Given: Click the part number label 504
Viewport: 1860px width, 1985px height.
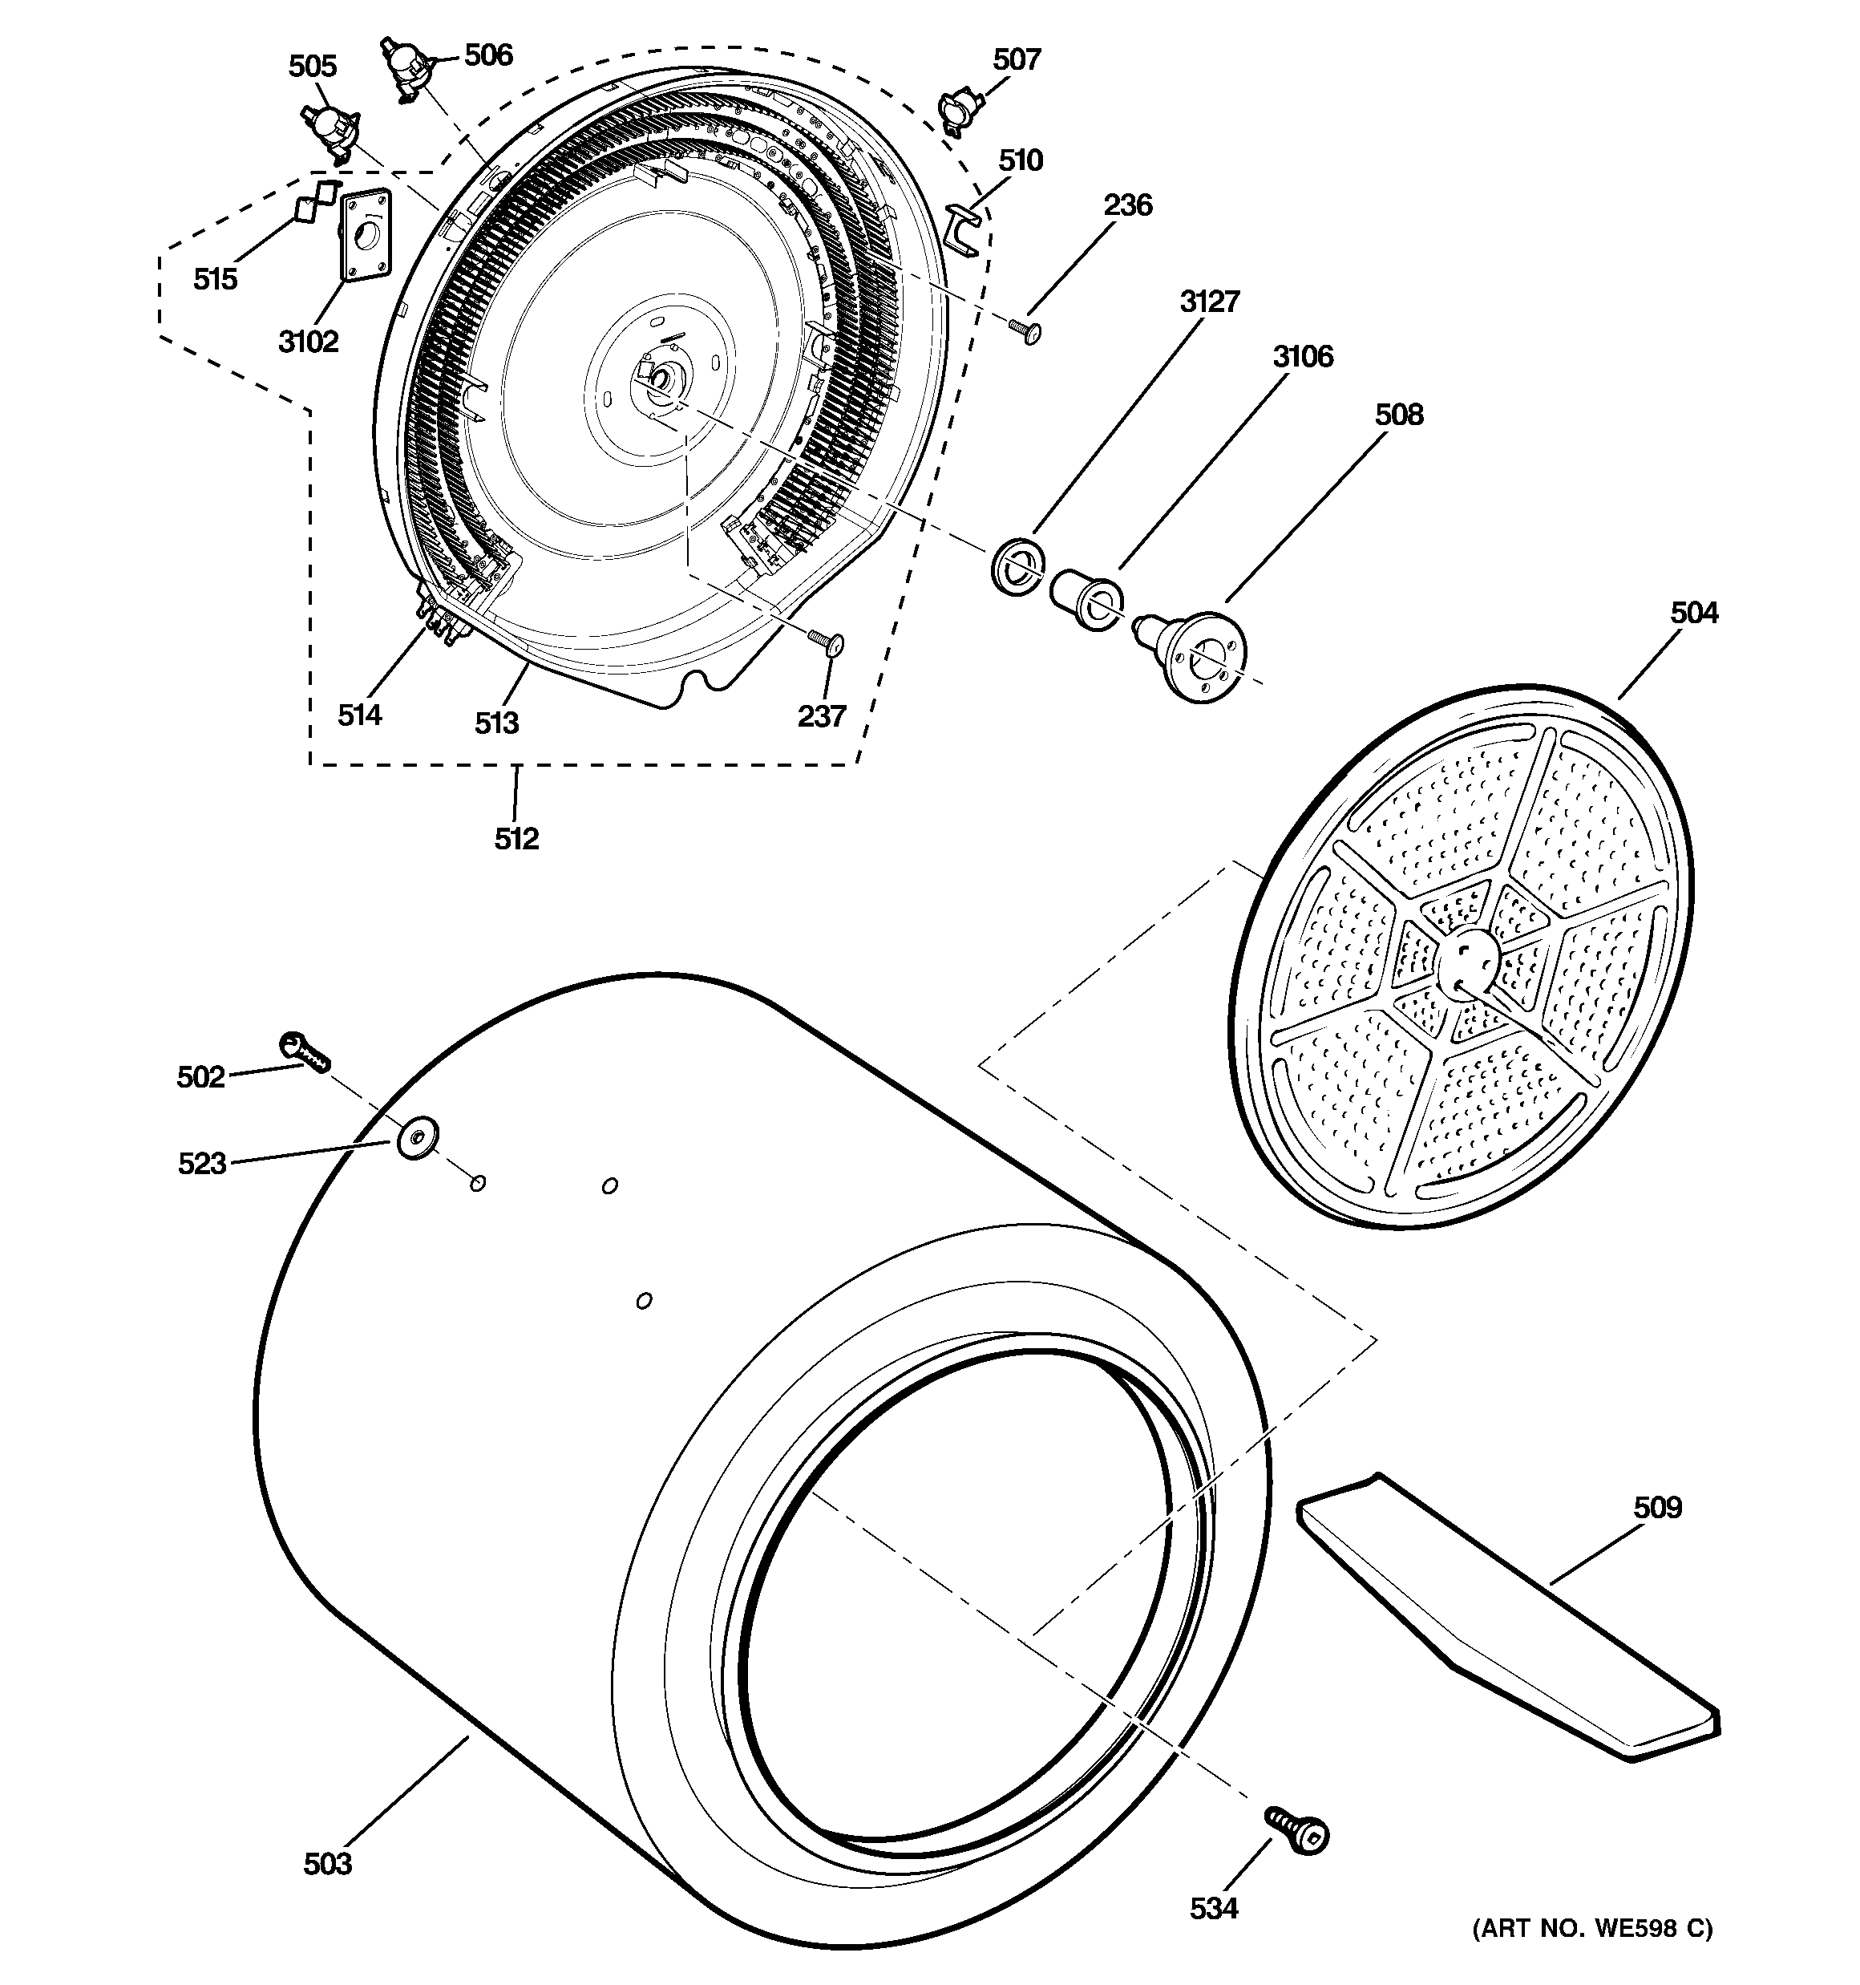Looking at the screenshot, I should pos(1693,612).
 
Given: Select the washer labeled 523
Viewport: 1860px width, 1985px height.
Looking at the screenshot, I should pos(418,1137).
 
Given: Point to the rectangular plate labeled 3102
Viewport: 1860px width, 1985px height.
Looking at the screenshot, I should pos(365,233).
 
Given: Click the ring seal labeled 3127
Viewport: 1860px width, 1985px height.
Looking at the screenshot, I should pos(1017,566).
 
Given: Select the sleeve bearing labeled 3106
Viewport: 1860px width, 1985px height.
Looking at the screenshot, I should pos(1086,596).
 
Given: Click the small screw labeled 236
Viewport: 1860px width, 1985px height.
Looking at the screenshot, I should pos(1025,330).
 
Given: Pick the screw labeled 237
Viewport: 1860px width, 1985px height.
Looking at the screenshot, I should pos(827,642).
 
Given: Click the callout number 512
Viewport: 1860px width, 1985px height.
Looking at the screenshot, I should pos(516,839).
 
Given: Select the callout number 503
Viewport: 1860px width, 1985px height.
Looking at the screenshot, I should pos(327,1863).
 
